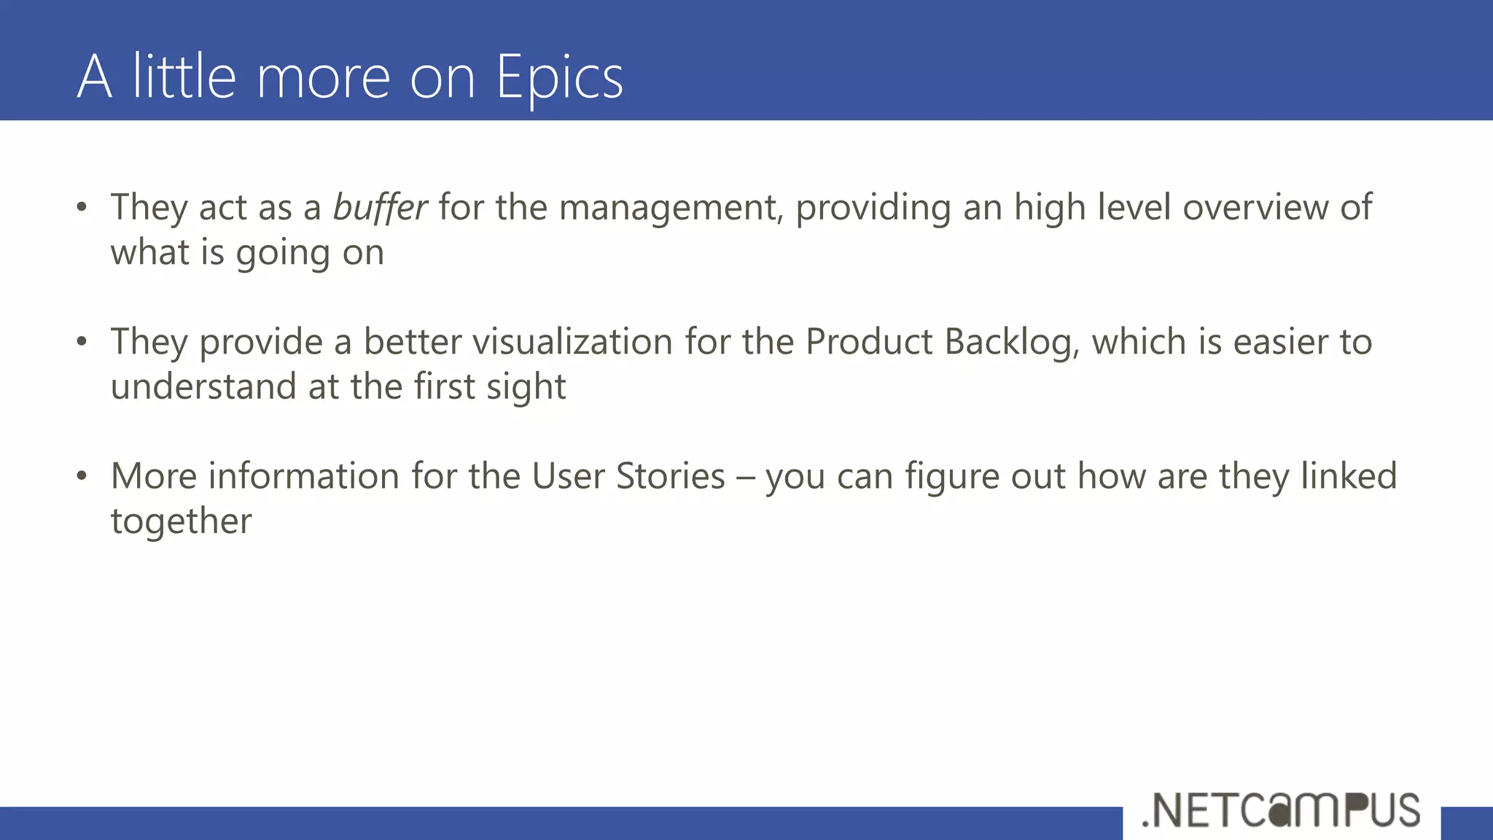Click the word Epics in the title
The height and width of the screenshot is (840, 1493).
point(559,77)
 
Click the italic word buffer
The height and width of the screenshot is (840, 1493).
point(380,207)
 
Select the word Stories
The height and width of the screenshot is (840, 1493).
point(671,476)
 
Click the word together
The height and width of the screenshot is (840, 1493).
point(181,521)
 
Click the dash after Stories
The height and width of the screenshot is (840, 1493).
point(745,478)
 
